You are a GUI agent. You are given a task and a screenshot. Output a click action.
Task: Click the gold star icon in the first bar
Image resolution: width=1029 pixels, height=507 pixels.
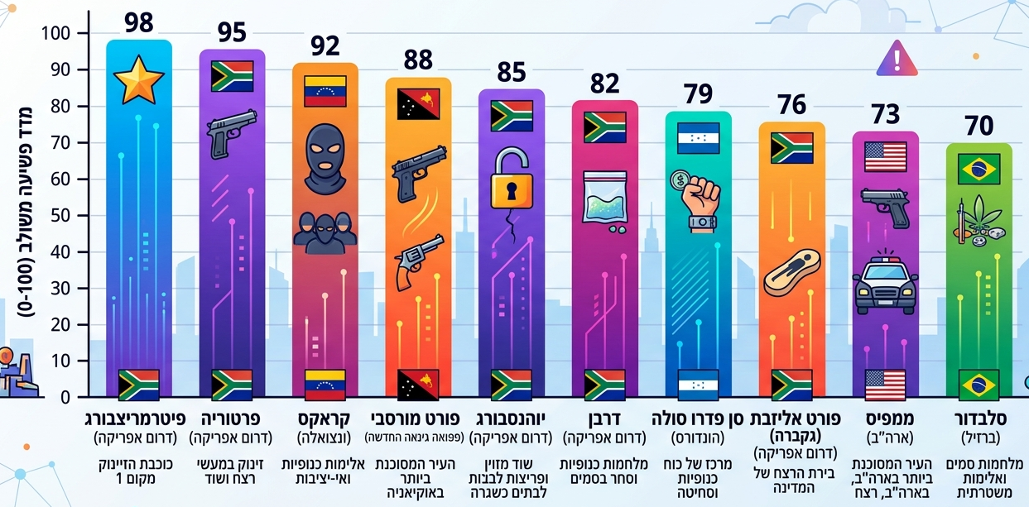tap(138, 80)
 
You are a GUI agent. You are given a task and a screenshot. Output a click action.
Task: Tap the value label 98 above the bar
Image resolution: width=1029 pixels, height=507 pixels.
tap(139, 22)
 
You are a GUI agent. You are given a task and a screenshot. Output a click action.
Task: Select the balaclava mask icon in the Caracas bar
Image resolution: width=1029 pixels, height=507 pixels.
tap(325, 158)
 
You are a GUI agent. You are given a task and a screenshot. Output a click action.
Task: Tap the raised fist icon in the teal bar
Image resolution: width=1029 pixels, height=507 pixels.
tap(698, 199)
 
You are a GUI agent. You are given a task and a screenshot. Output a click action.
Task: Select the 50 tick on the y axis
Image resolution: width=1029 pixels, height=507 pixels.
tap(64, 215)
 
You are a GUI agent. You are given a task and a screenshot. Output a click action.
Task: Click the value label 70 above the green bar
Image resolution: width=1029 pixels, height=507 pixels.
tap(979, 127)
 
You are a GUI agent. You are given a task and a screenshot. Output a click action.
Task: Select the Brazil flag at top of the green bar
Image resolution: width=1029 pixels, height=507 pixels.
tap(979, 169)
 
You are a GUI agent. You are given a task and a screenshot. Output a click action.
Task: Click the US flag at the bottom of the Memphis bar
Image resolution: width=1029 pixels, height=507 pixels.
tap(885, 385)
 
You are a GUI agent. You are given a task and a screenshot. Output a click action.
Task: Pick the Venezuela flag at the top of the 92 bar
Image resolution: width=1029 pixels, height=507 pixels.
tap(325, 91)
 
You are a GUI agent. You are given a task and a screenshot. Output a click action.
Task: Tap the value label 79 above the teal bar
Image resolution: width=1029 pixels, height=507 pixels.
tap(698, 94)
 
